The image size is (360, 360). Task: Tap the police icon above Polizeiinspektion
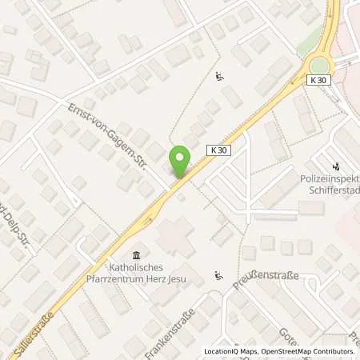[336, 168]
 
